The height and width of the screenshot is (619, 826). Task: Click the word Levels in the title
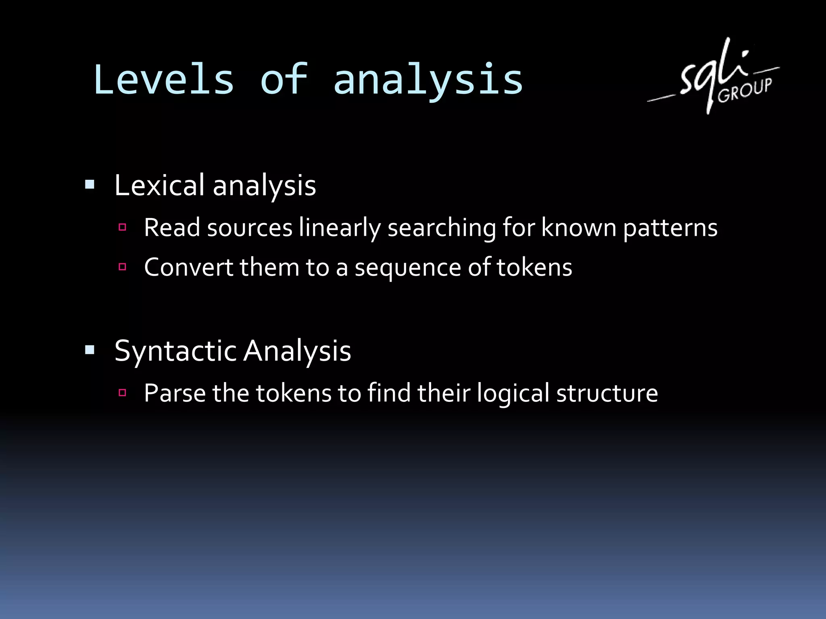164,80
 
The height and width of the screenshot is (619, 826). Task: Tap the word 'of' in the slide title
284,80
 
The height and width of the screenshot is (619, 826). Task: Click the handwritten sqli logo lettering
710,73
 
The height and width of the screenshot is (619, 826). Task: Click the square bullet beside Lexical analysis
90,185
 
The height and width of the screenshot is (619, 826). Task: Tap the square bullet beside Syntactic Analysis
90,350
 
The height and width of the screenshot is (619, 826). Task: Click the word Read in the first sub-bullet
172,228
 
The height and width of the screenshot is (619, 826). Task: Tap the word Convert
188,267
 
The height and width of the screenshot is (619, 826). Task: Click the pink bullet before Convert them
123,266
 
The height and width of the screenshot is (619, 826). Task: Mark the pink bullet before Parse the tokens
123,393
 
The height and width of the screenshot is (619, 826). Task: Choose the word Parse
175,393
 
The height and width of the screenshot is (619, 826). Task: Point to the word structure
607,394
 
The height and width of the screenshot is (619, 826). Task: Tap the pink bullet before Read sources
123,227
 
